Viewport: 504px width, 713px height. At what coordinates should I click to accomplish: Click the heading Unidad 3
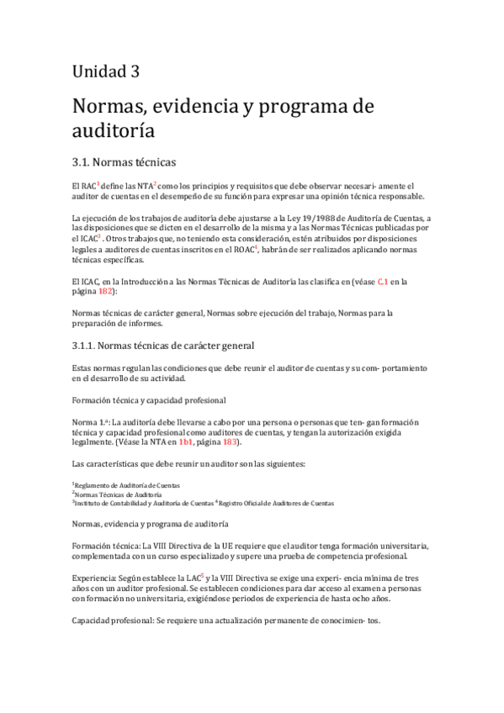106,71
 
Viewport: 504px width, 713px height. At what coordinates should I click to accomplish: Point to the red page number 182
106,291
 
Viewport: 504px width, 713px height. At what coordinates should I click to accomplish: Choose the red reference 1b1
186,441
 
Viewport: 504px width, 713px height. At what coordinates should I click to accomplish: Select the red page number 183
230,441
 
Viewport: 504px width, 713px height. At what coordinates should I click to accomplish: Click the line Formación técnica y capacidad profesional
148,399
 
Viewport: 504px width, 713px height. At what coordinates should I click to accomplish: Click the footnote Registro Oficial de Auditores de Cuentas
276,503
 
